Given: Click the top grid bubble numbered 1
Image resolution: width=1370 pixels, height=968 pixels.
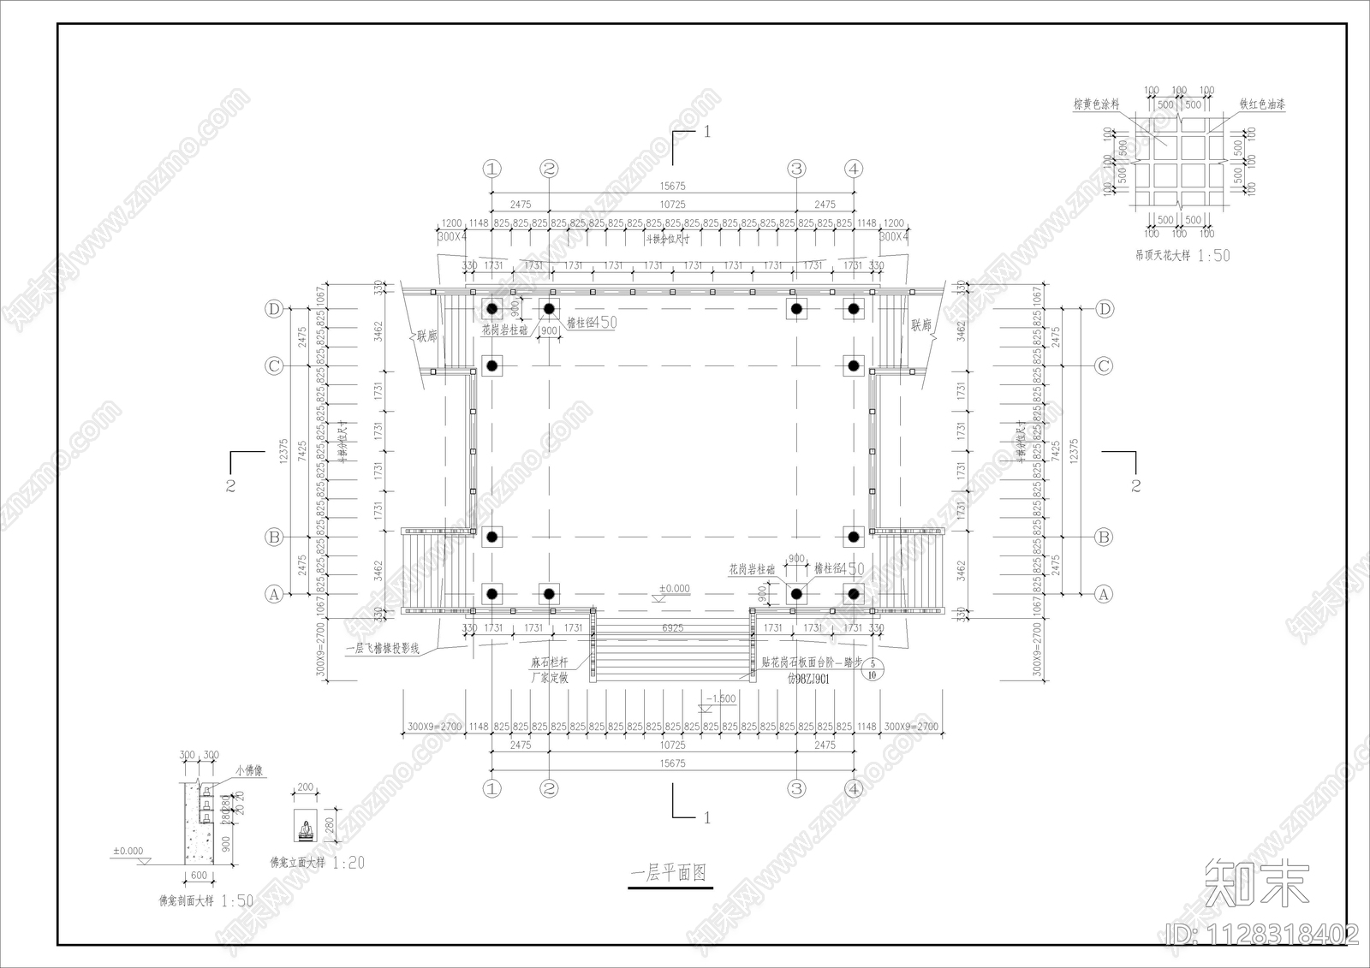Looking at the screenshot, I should coord(491,169).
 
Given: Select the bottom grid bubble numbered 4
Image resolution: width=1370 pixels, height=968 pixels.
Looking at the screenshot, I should coord(854,788).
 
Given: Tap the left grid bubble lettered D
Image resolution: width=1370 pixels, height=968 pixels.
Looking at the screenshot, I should coord(274,309).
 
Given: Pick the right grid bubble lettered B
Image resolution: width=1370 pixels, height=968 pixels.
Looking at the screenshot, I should coord(1104,537).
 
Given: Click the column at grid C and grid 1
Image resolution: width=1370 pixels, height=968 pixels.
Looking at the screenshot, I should coord(491,366).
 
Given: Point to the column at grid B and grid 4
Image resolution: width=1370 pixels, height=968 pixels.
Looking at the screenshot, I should coord(854,537).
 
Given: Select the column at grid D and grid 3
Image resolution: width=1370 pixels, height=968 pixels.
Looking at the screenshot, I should coord(796,309).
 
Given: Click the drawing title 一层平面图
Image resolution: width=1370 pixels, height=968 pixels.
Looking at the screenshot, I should coord(670,873).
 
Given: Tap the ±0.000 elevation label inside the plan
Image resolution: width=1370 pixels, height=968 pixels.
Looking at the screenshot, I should coord(674,589).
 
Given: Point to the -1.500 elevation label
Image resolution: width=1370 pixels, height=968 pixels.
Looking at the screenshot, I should coord(720,698).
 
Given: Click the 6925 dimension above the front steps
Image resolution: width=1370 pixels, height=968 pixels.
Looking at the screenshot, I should coord(672,628).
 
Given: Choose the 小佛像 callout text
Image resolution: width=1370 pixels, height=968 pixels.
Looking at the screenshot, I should coord(248,770).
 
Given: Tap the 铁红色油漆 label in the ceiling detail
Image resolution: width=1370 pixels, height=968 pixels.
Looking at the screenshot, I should coord(1262,104).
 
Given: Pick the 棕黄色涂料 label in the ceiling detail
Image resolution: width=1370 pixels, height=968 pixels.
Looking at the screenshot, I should coord(1097,104).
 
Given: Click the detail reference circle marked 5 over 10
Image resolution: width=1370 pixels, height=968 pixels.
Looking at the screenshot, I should coord(873,668).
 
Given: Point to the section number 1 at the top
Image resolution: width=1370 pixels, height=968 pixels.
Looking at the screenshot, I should coord(706,132).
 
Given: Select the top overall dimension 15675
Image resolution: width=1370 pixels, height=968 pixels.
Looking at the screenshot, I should coord(672,186).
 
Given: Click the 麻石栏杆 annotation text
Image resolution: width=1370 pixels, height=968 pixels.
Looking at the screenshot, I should coord(550,662).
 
